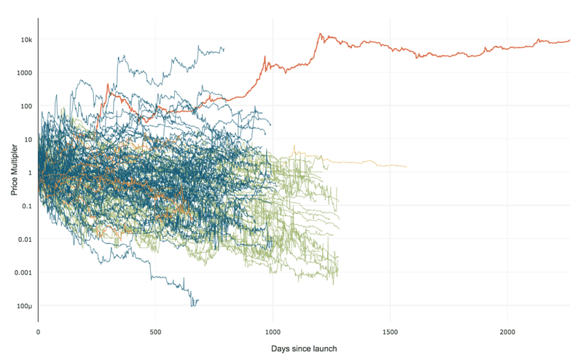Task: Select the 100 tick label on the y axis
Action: point(26,106)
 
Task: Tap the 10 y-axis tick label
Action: point(28,139)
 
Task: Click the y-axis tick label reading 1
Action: point(30,173)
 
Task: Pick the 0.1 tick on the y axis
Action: point(27,206)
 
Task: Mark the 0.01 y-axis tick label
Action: point(26,239)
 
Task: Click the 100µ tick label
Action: point(25,306)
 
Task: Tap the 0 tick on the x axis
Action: point(38,332)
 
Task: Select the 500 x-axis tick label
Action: point(155,332)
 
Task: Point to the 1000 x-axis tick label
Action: point(273,332)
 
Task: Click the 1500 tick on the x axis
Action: point(390,332)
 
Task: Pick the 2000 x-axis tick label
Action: point(507,332)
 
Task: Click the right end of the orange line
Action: point(570,41)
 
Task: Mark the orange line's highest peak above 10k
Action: point(319,34)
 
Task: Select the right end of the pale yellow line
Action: point(406,167)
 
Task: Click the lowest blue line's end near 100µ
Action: point(197,300)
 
